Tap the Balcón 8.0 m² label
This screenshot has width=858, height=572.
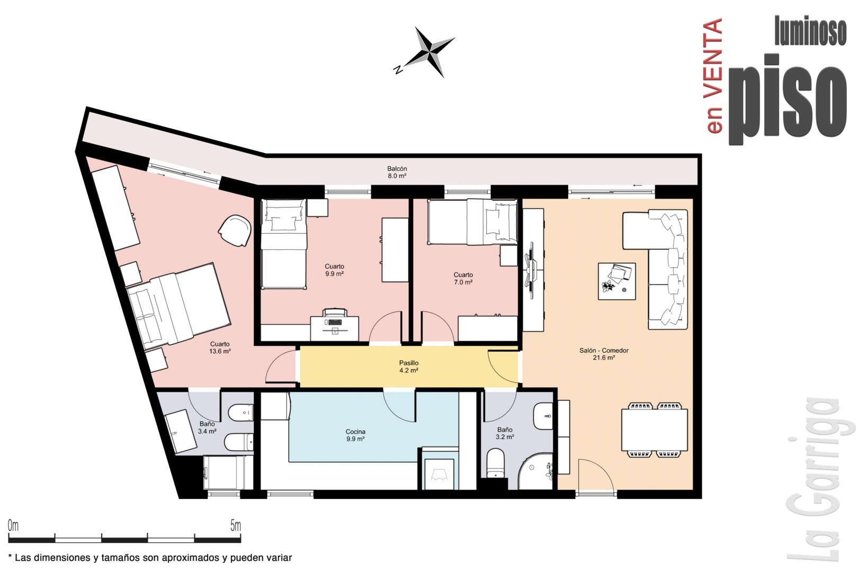tap(397, 173)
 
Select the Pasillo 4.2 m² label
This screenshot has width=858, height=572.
tap(409, 367)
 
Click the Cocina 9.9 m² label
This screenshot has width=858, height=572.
tap(355, 435)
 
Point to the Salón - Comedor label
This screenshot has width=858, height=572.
tap(604, 351)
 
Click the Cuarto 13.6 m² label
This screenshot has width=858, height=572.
tap(219, 347)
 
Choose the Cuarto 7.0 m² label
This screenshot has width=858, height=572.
tap(463, 279)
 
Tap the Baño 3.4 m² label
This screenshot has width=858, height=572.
tap(207, 427)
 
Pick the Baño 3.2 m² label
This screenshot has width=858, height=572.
tap(505, 433)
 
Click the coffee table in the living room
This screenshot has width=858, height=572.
tap(616, 281)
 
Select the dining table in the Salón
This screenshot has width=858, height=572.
tap(654, 430)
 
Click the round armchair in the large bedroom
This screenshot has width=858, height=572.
tap(235, 230)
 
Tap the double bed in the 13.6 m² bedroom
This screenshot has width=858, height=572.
tap(179, 306)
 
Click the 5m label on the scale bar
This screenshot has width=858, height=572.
tap(236, 525)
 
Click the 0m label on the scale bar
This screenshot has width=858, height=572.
tap(13, 525)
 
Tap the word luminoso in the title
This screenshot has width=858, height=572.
tap(810, 31)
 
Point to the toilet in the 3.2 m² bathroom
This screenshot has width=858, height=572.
tap(495, 463)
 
